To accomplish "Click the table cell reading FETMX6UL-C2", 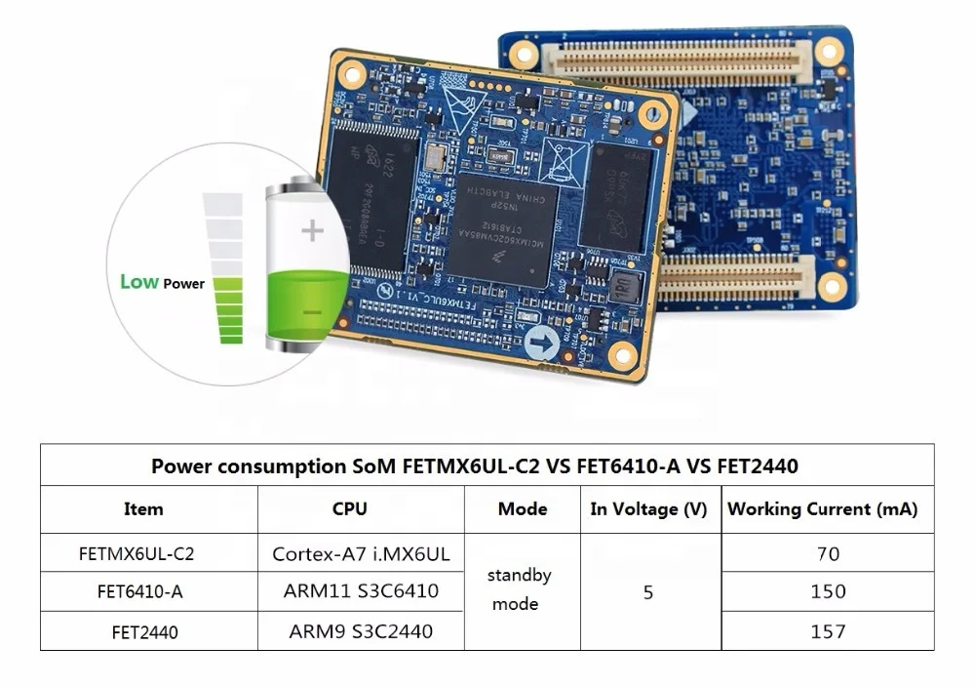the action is [136, 554].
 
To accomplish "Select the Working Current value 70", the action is [828, 554].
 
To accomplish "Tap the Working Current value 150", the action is [828, 592].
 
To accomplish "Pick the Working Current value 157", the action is [828, 631].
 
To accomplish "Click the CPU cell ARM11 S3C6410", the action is [361, 591].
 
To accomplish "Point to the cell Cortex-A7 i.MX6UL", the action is [361, 554].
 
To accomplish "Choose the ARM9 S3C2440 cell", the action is [361, 631].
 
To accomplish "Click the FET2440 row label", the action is [137, 632].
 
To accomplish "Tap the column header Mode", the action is [523, 508].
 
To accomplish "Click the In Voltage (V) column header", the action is [648, 508].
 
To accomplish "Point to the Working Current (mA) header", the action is [823, 508].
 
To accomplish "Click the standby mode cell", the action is [520, 589].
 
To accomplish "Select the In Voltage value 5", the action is [648, 592].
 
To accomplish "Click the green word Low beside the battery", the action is [138, 282].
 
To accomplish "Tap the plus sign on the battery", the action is [312, 230].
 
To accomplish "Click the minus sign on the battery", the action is [312, 312].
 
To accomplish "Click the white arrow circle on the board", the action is [542, 343].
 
